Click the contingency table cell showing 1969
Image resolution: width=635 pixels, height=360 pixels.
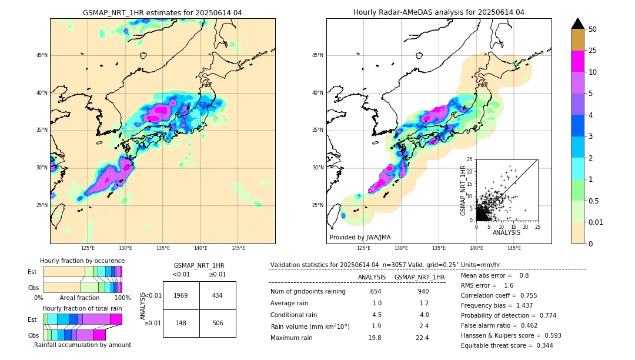click(x=181, y=295)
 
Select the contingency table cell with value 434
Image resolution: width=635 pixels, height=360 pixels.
click(x=218, y=295)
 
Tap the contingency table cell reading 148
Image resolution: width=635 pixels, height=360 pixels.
click(x=181, y=323)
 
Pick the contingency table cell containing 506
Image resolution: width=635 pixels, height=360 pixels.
click(x=218, y=323)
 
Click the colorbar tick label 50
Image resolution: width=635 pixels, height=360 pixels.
click(x=593, y=29)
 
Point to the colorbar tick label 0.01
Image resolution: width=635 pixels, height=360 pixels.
click(x=596, y=222)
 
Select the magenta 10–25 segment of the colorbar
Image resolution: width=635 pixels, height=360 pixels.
click(x=578, y=61)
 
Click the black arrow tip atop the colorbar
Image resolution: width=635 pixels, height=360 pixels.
click(x=578, y=23)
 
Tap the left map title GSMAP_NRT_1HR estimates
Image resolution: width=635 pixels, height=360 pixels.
click(x=162, y=12)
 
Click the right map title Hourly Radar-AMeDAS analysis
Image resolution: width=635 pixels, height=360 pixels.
click(x=439, y=12)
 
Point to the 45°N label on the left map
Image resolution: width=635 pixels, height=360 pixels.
click(x=42, y=55)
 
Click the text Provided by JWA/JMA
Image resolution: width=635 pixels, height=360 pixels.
click(x=360, y=238)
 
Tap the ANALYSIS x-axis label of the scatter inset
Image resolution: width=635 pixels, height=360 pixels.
click(x=506, y=232)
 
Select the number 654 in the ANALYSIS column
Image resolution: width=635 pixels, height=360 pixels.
click(x=376, y=292)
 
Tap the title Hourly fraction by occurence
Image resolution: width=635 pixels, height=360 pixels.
click(x=82, y=261)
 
